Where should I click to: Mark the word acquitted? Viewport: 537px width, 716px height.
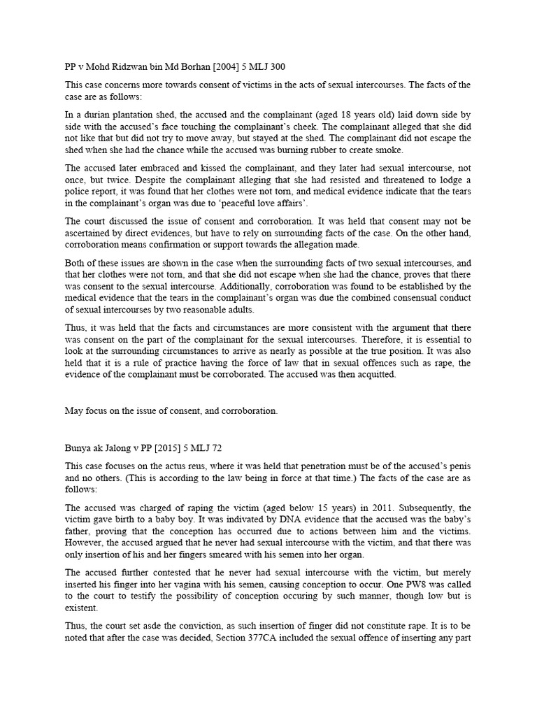pyautogui.click(x=375, y=374)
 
